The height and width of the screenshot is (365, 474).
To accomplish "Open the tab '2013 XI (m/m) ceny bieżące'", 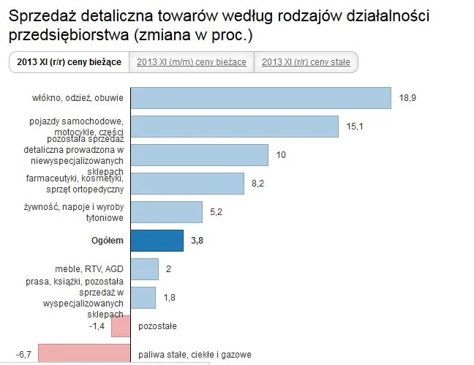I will click(192, 63).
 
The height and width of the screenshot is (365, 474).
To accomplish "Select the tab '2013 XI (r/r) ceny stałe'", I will click(306, 63).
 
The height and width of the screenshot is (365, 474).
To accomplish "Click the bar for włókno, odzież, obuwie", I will click(261, 98).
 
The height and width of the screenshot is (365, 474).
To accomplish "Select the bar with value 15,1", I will click(234, 127).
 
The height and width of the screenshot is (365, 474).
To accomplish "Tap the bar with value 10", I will click(199, 155).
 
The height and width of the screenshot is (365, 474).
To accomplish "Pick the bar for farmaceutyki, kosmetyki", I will click(187, 184).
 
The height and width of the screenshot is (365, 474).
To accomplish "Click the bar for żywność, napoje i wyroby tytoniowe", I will click(167, 212).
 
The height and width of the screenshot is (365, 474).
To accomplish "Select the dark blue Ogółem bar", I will click(157, 240).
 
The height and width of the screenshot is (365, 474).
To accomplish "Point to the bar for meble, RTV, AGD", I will click(145, 268).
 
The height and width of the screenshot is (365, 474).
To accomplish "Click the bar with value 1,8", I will click(143, 297).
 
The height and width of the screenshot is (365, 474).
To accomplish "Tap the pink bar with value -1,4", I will click(121, 326).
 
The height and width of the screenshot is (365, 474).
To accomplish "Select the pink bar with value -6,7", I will click(84, 354).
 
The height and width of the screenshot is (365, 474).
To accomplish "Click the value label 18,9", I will click(407, 98).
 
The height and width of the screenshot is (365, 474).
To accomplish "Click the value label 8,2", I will click(257, 184).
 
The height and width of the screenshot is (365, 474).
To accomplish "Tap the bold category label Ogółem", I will click(107, 240).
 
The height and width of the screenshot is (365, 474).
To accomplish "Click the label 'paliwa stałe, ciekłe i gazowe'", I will click(195, 355).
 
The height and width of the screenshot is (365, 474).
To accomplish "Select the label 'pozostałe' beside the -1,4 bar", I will click(157, 326).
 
